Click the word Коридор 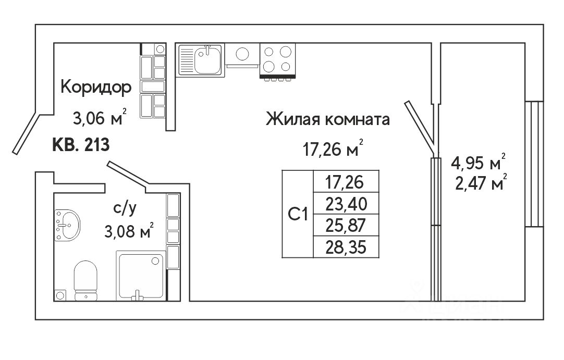point(96,87)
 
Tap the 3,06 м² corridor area point(100,119)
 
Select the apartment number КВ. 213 point(81,144)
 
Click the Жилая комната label point(328,120)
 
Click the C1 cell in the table point(298,214)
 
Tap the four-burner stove point(278,59)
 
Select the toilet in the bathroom point(86,279)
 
